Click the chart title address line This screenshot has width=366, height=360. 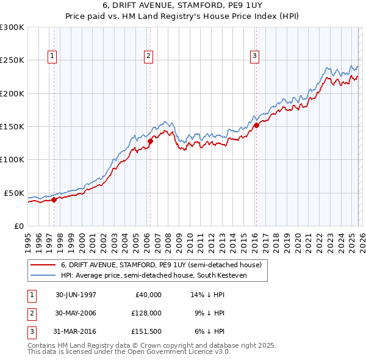click(x=183, y=5)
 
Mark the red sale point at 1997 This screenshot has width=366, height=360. click(x=54, y=199)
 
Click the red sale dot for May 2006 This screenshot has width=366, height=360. click(x=150, y=141)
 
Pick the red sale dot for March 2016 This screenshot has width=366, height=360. click(x=256, y=125)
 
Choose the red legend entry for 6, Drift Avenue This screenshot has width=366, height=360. click(x=161, y=265)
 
